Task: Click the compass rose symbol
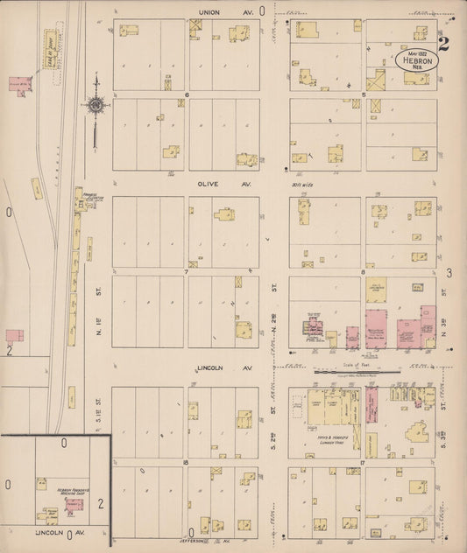96,106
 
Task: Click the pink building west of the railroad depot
19,85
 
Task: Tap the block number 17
361,461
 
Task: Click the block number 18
186,461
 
